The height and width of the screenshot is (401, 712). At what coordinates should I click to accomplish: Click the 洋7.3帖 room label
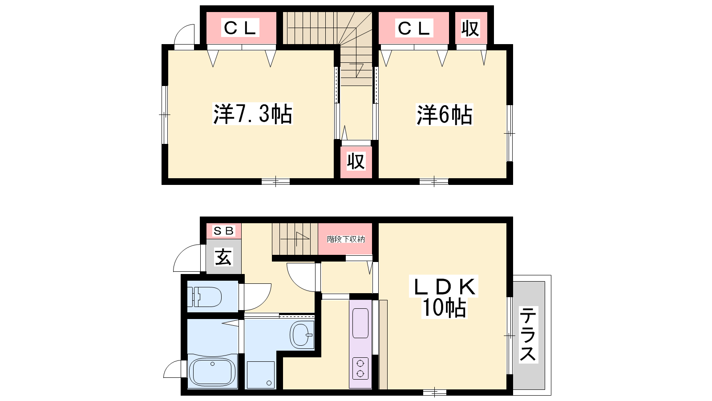click(x=253, y=114)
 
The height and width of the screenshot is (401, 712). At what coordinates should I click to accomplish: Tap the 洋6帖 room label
click(x=445, y=115)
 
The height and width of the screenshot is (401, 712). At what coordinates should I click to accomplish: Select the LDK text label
click(x=444, y=287)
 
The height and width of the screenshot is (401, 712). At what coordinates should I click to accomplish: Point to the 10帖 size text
click(x=444, y=308)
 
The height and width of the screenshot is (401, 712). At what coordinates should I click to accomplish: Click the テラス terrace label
click(x=528, y=334)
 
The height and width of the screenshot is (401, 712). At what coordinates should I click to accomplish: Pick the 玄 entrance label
click(x=223, y=257)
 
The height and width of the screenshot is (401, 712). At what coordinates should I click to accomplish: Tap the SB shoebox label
click(x=224, y=231)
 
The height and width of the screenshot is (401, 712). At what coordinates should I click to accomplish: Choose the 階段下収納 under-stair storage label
click(x=346, y=239)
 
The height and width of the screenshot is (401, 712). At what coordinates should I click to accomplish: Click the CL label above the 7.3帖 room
click(x=240, y=28)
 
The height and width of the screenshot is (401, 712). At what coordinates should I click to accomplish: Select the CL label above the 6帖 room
click(x=414, y=28)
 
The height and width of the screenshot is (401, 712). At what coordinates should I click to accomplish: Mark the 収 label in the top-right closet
click(x=470, y=29)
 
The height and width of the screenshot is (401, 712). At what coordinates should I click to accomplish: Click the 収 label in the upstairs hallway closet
click(x=356, y=161)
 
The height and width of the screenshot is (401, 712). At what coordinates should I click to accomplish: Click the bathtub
click(x=212, y=372)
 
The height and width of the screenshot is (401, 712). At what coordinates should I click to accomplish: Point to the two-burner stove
click(x=360, y=368)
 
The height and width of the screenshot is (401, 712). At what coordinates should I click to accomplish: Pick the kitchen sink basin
click(x=360, y=323)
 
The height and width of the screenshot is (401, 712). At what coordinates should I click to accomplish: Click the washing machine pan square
click(x=261, y=375)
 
